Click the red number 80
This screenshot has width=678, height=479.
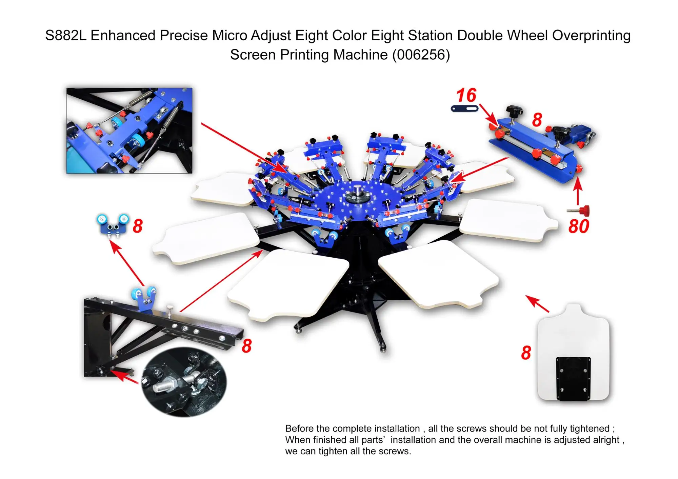(x=579, y=226)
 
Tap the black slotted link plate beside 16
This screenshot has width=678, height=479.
(x=464, y=108)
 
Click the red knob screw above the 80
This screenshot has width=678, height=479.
(x=584, y=211)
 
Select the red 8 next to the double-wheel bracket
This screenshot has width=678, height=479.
(x=138, y=226)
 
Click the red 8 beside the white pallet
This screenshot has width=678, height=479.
(x=526, y=353)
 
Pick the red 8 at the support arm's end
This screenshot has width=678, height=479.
(x=246, y=346)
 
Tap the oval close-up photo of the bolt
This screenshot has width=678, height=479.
(x=184, y=382)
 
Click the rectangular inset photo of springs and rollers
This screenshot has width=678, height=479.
(x=129, y=131)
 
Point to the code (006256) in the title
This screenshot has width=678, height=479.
(x=421, y=55)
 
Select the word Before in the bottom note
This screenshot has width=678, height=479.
(x=299, y=428)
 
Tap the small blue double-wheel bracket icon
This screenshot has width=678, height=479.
(x=113, y=224)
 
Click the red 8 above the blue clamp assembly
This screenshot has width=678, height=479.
(x=537, y=120)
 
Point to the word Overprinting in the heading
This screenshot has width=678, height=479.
(x=591, y=35)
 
